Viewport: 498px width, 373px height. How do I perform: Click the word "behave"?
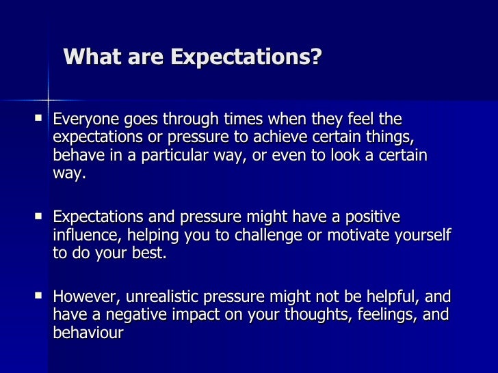pyautogui.click(x=77, y=155)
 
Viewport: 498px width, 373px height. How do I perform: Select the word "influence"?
pyautogui.click(x=83, y=236)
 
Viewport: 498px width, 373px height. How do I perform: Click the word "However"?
pyautogui.click(x=80, y=297)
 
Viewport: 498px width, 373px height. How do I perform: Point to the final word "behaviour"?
pyautogui.click(x=87, y=334)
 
